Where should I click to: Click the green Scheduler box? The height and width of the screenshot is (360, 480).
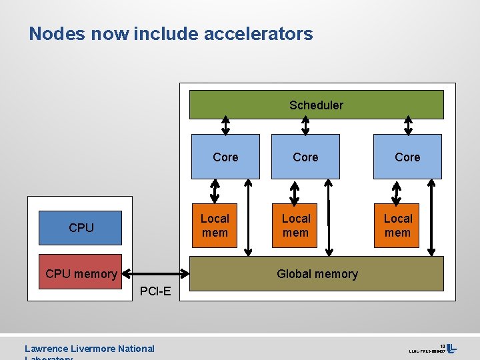coord(316,105)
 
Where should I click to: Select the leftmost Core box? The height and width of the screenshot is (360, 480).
coord(225,157)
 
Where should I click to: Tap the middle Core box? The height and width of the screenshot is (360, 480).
coord(305,157)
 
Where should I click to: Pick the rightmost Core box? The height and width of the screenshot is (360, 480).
coord(407,157)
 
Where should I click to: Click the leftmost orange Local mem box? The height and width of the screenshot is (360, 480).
coord(215,225)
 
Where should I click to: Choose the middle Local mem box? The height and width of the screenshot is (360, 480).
coord(295,225)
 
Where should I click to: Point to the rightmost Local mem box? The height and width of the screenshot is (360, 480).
coord(397,225)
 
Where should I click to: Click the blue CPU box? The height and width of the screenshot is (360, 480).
coord(81,227)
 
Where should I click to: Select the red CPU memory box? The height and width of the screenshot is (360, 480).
coord(81,273)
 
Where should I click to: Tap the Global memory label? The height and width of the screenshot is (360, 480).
coord(317,274)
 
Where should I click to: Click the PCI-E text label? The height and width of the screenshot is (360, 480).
coord(155,291)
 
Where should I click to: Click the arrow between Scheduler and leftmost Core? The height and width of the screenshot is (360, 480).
coord(226,125)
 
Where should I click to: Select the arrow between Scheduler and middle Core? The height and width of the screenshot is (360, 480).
coord(305,125)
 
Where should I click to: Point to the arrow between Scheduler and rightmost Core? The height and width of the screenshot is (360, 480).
coord(408,125)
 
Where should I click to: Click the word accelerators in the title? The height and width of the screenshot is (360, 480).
coord(258,33)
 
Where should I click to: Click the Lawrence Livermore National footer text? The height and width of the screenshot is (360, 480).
coord(89,348)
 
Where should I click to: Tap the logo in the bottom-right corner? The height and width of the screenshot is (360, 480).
coord(451,348)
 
